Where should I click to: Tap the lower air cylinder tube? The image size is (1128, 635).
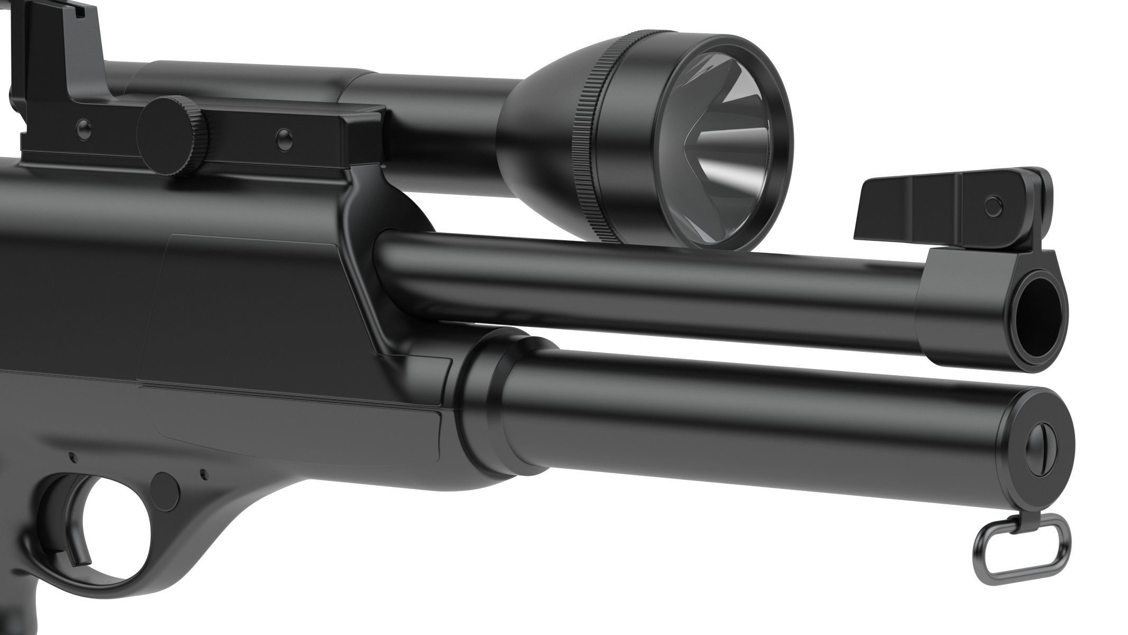(740, 423)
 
